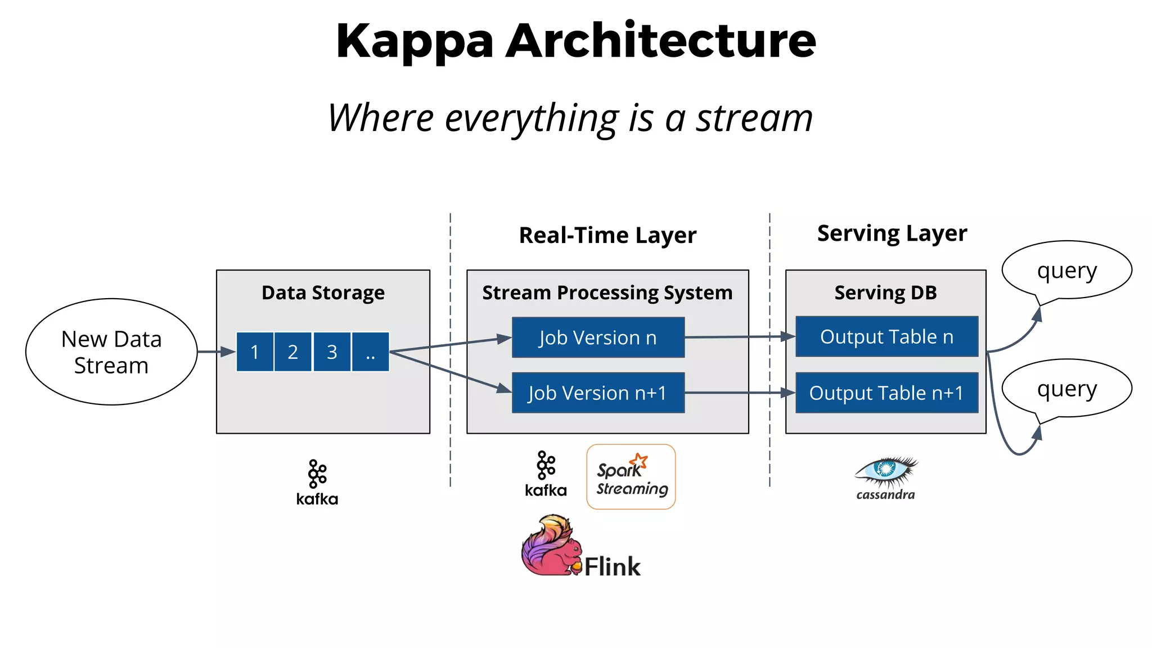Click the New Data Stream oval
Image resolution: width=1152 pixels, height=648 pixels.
(x=111, y=352)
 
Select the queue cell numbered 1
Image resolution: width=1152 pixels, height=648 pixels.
(x=255, y=352)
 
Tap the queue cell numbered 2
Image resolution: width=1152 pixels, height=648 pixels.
(x=293, y=352)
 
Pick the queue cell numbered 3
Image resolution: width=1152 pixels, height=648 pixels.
(x=332, y=352)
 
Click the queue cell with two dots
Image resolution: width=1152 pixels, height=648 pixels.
(x=370, y=352)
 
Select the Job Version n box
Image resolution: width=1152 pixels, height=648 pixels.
(x=598, y=337)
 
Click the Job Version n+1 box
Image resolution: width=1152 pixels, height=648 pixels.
(x=598, y=393)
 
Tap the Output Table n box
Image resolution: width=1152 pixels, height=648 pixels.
(x=886, y=336)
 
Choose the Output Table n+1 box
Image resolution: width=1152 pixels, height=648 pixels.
(x=886, y=393)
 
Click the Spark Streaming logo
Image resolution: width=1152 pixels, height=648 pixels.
(x=631, y=477)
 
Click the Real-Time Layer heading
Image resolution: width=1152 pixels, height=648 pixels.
(x=607, y=235)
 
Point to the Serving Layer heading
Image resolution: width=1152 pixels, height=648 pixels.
(x=892, y=233)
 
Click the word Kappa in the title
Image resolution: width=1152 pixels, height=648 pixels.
(x=415, y=42)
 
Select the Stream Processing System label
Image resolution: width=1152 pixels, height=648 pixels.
(x=607, y=292)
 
